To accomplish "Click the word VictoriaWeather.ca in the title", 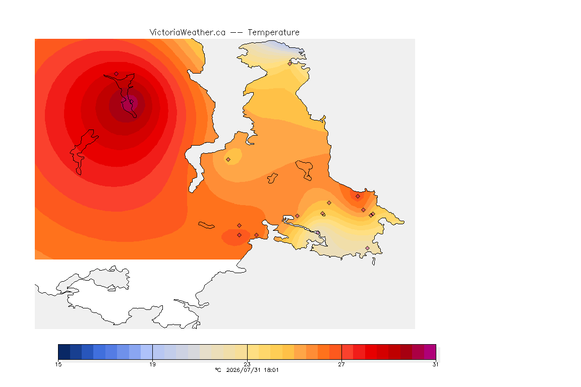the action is (188, 33).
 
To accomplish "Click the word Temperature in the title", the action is (273, 33).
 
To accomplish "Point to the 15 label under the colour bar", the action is (58, 364).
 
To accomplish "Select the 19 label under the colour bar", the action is (152, 364).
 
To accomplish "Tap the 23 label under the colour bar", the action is (247, 364).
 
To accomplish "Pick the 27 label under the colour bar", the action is (341, 364).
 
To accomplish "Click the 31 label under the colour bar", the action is (435, 364).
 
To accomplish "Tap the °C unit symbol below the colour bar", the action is (218, 370).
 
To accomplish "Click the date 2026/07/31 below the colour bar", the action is (243, 370).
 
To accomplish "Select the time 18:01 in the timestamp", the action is (271, 370).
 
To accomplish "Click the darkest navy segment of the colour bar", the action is (64, 352).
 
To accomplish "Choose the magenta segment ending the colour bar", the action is (430, 352).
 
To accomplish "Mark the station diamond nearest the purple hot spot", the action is (117, 74).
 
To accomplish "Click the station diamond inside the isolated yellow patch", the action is (228, 160).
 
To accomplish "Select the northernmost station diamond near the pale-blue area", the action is (290, 63).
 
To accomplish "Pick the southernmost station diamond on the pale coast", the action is (367, 248).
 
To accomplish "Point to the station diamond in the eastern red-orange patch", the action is (358, 197).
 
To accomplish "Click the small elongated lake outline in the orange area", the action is (206, 225).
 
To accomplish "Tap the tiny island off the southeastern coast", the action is (374, 262).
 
